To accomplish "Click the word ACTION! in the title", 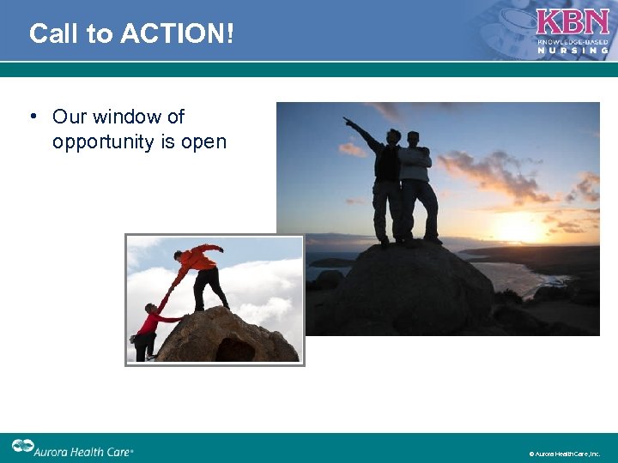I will coord(178,33).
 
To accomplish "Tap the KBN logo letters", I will coord(573,22).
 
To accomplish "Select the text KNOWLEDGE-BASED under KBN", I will coord(573,41).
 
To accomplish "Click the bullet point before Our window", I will coord(32,117).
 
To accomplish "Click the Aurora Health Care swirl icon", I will coord(23,447).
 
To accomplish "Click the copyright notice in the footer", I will coord(564,454).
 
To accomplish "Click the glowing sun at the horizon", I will coord(522,229).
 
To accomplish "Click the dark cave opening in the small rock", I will coord(234,350).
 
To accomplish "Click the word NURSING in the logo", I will coord(573,51).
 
